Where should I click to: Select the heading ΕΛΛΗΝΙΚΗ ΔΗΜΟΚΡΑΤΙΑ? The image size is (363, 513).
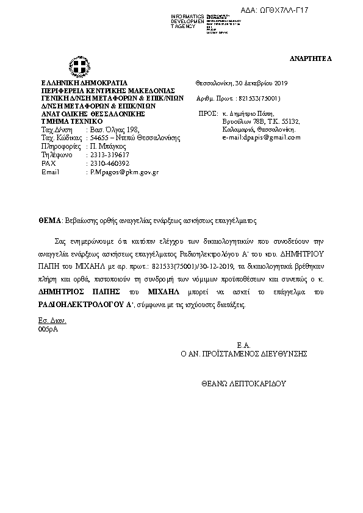coord(84,83)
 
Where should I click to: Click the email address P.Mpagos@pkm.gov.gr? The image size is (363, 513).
coord(124,172)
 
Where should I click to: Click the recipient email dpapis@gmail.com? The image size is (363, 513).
coord(269,137)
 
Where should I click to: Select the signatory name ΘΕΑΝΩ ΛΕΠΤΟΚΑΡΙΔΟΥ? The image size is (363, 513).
coord(243,384)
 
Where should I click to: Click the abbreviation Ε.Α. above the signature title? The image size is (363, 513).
coord(244,345)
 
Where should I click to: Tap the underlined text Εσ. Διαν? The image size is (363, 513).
coord(52,320)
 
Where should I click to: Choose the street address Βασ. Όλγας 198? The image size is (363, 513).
coord(114,130)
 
